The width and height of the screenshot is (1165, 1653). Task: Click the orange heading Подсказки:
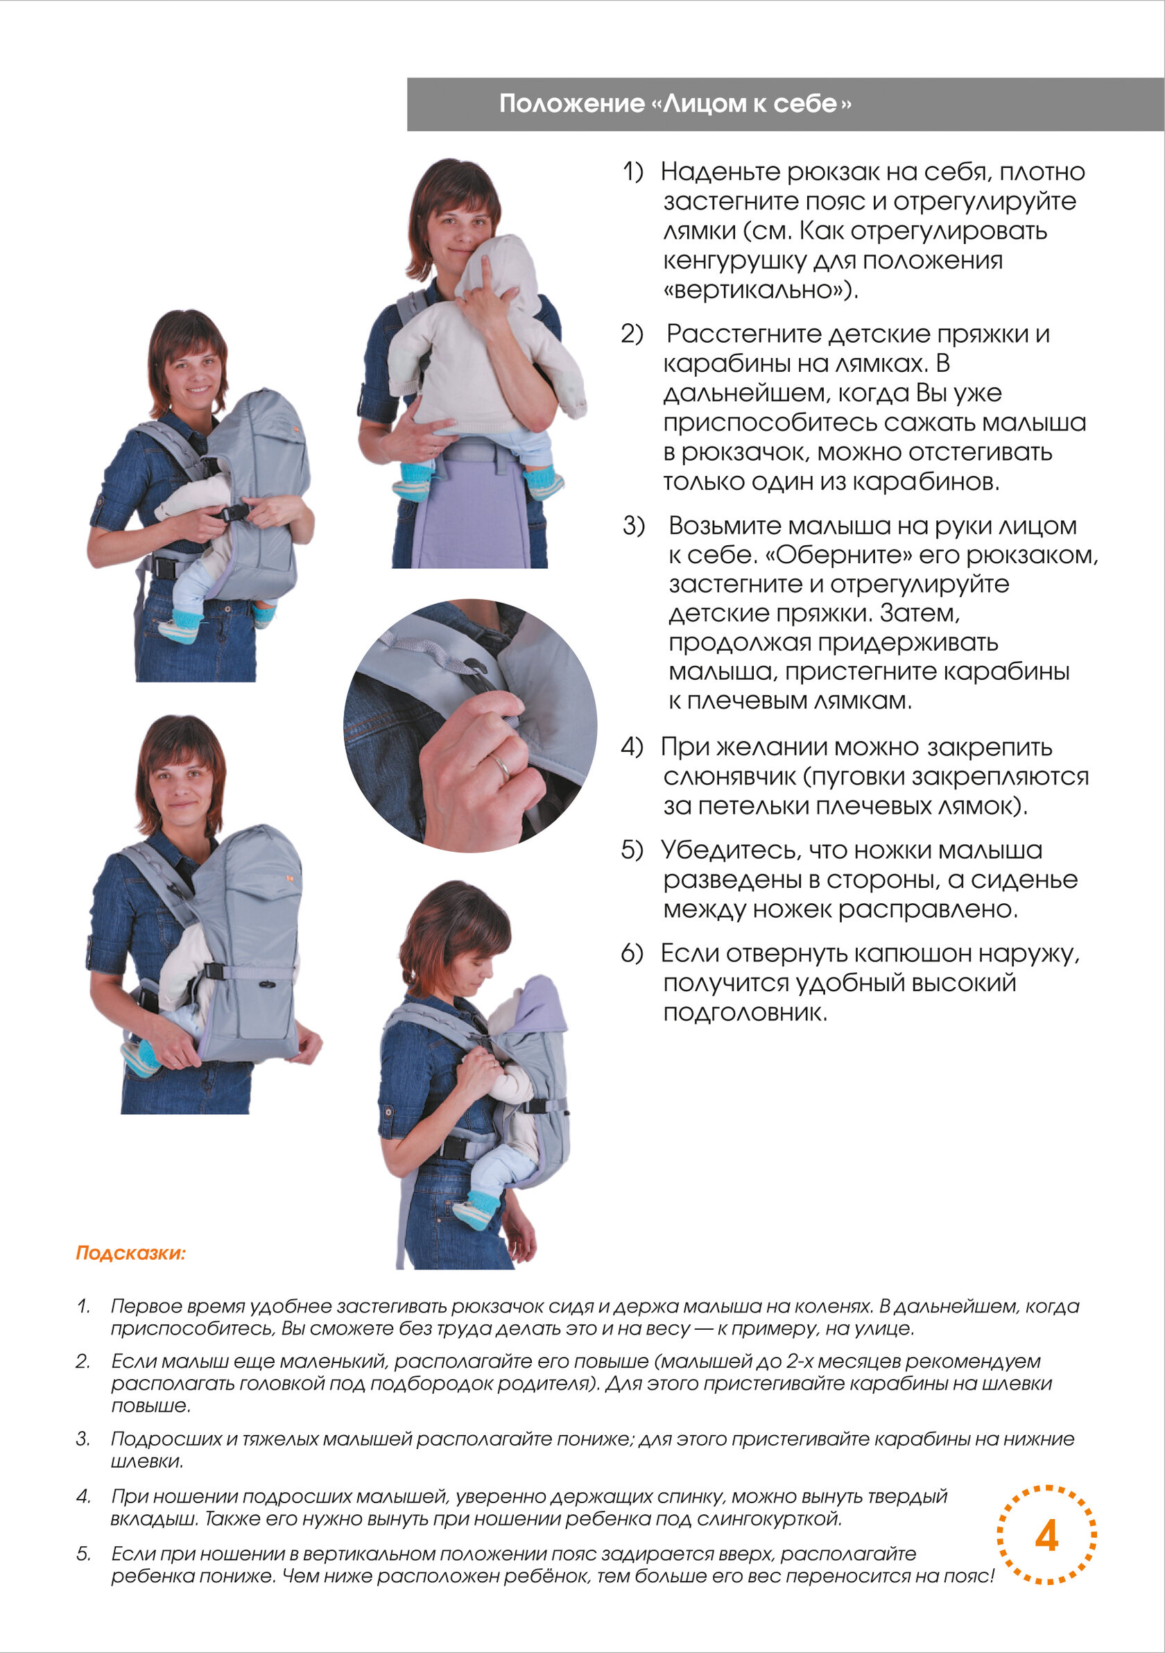coord(131,1253)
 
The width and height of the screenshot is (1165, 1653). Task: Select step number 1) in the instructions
coord(632,172)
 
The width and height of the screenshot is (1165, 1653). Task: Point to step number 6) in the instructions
coord(632,954)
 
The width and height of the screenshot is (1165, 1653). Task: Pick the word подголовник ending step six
coord(745,1013)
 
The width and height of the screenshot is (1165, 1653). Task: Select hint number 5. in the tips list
coord(83,1554)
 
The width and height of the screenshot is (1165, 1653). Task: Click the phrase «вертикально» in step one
coord(761,291)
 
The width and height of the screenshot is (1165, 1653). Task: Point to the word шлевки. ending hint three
coord(147,1461)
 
